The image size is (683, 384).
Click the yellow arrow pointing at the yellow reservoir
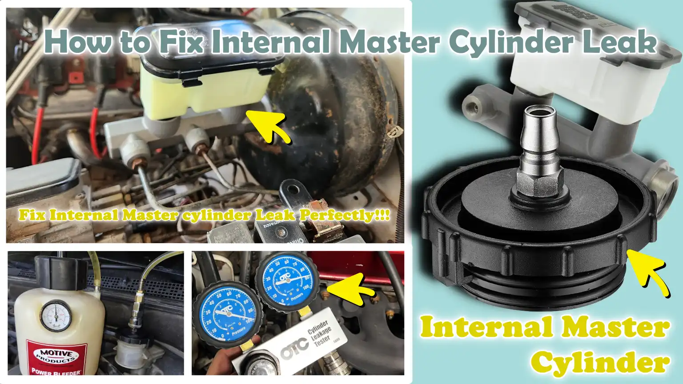point(268,126)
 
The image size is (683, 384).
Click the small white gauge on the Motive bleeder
point(56,316)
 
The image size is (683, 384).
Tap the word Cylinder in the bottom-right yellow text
point(600,362)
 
